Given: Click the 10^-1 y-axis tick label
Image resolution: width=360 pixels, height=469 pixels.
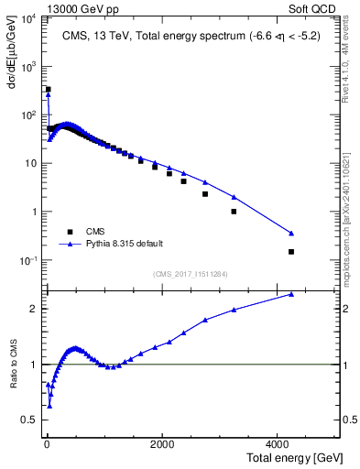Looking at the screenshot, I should coord(27,261).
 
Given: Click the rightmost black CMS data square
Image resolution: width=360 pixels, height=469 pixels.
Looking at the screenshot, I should coord(291,252).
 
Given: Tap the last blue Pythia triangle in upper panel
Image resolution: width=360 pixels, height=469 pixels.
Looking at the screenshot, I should coord(291,233).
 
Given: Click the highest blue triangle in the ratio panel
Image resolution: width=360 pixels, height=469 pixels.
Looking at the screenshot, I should coord(291,294).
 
